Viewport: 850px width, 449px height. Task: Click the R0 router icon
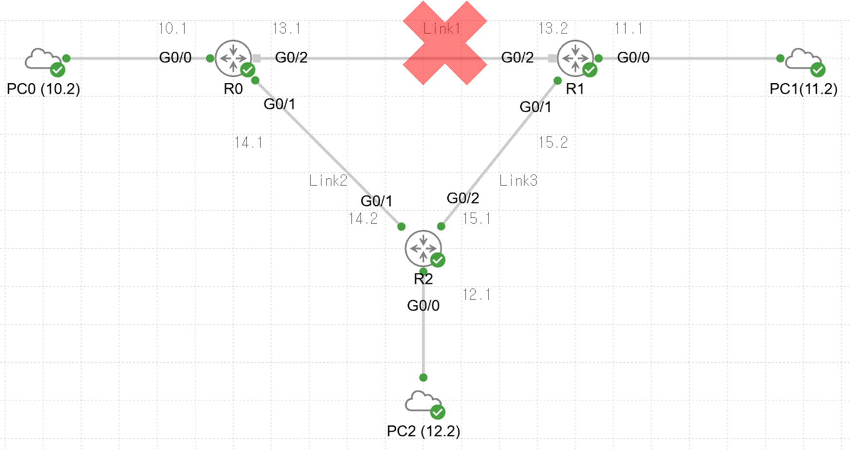pos(233,58)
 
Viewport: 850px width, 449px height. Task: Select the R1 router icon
pos(575,58)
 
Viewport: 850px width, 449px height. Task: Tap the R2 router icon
pos(423,248)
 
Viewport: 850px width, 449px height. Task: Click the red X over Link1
pos(444,43)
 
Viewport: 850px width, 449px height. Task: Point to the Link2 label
pos(328,181)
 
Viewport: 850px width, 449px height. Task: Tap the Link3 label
pos(518,181)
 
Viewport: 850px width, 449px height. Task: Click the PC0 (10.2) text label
pos(43,89)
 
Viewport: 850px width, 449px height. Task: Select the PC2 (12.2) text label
pos(423,431)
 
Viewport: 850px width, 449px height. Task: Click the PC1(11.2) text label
pos(803,89)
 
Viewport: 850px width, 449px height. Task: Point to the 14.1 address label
pos(248,143)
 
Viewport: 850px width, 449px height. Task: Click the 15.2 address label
pos(553,143)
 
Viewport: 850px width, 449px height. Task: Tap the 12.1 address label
pos(477,295)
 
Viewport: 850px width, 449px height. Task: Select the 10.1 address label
pos(172,28)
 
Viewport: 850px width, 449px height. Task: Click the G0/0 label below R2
pos(423,306)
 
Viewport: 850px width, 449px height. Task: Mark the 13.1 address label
pos(286,28)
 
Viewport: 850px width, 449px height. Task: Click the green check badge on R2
pos(438,260)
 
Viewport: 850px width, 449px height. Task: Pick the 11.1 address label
pos(628,28)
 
